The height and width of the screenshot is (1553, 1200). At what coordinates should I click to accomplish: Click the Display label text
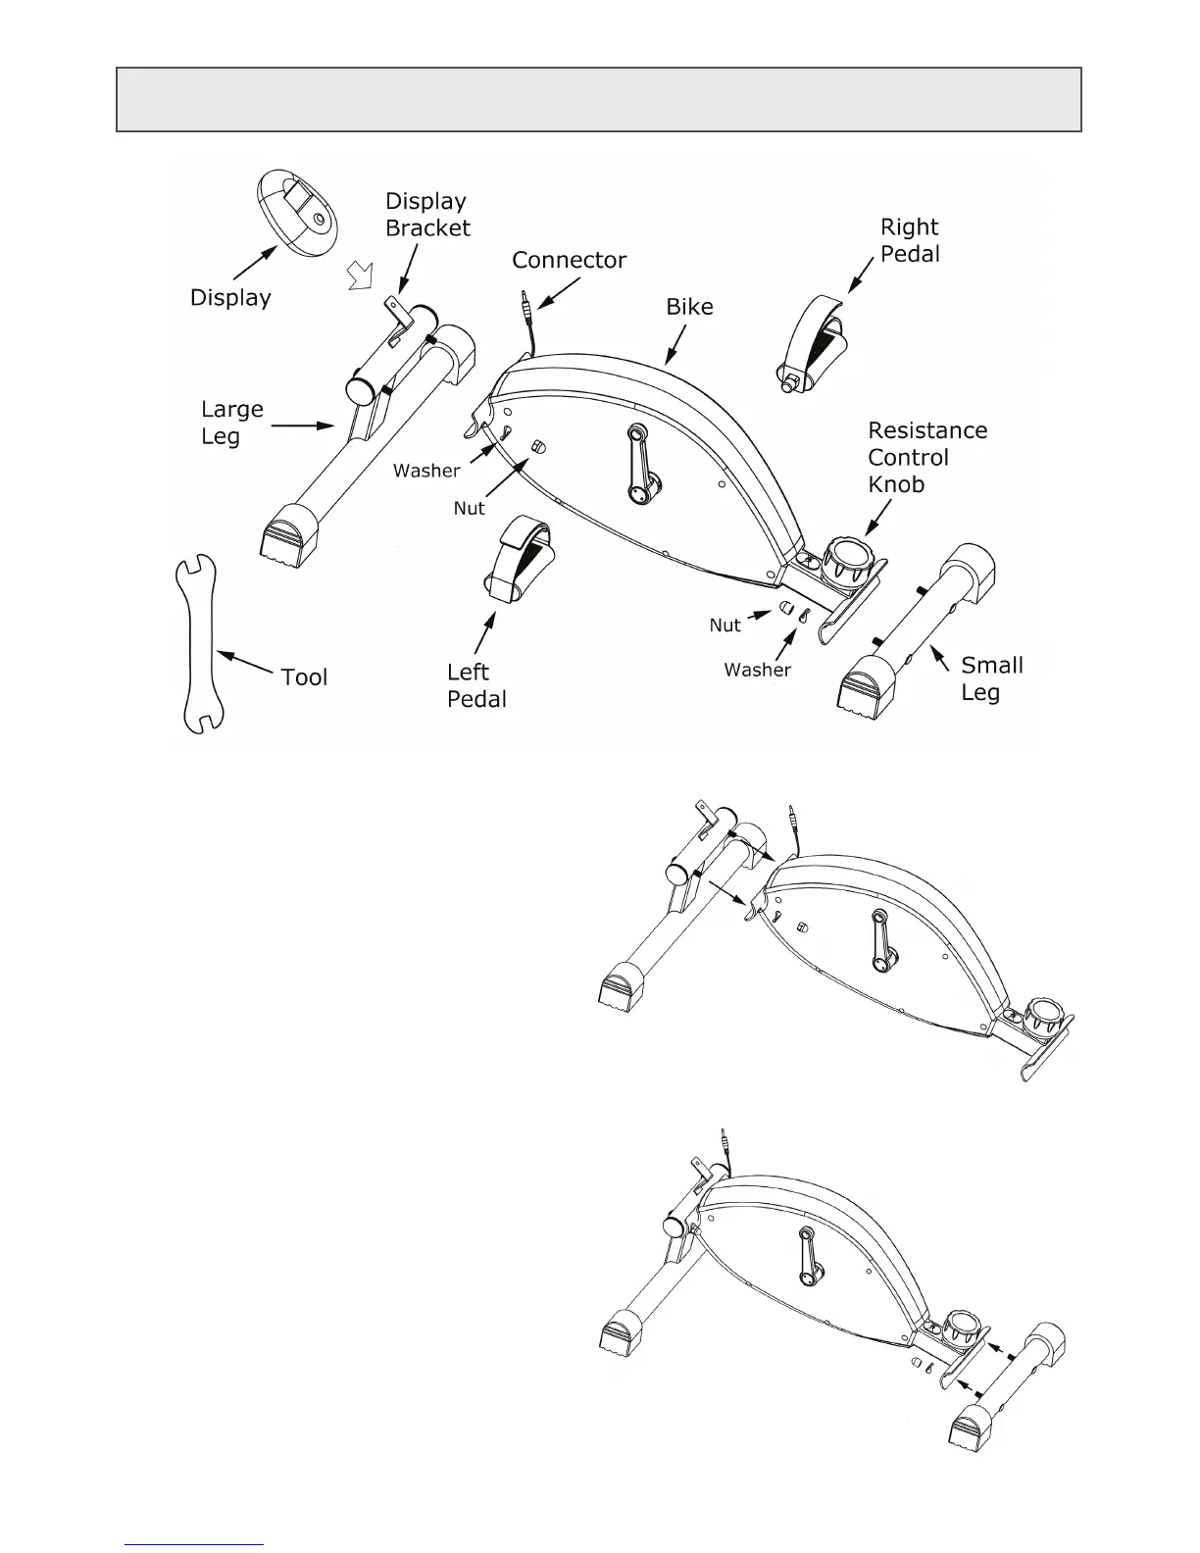230,298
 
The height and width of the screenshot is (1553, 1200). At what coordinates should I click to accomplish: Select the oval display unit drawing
296,213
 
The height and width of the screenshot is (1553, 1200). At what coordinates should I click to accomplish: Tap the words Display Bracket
427,215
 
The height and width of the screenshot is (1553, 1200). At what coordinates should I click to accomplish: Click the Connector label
569,260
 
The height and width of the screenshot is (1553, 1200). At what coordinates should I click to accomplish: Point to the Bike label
689,307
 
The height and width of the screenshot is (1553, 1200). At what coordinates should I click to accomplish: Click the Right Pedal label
910,240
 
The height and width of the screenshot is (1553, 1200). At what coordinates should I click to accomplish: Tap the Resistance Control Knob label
927,457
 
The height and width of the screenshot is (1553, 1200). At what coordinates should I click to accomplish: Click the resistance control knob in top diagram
845,559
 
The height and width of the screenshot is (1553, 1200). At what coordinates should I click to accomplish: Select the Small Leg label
991,678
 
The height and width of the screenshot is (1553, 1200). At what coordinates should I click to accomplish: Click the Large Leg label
232,423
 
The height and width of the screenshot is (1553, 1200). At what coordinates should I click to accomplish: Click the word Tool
304,677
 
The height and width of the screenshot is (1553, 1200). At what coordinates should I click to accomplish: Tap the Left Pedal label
476,685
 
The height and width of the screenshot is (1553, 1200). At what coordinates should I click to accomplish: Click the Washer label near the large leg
426,472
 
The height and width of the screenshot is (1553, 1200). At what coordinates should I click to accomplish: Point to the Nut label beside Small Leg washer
725,626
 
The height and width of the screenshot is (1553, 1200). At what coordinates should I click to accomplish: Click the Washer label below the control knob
757,671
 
